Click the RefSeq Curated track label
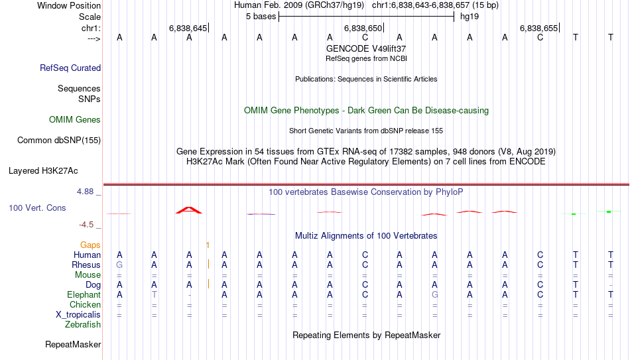point(70,68)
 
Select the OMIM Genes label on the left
point(75,120)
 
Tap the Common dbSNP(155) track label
point(59,141)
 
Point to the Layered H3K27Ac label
point(43,171)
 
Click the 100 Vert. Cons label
point(37,208)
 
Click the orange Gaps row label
point(90,245)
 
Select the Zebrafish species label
point(83,325)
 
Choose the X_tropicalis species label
point(78,315)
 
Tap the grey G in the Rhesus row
point(119,265)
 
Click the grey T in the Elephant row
point(155,294)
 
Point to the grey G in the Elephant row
point(435,294)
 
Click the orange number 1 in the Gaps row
point(208,245)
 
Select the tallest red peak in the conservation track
point(189,210)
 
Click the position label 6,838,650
point(363,28)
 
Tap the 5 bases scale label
point(261,17)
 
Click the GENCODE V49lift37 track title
point(366,48)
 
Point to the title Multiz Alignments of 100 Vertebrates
point(366,236)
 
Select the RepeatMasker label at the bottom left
point(73,344)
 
